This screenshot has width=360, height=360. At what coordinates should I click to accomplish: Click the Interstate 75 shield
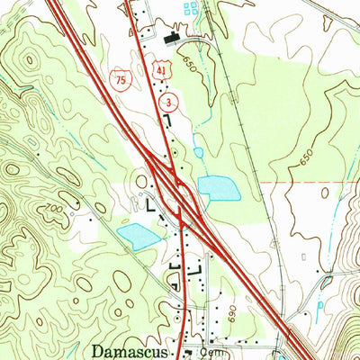pyautogui.click(x=119, y=81)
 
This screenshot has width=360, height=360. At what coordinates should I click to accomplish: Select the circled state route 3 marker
pyautogui.click(x=166, y=104)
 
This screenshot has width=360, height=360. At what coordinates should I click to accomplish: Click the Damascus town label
pyautogui.click(x=130, y=349)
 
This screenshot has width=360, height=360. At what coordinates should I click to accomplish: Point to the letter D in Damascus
pyautogui.click(x=97, y=349)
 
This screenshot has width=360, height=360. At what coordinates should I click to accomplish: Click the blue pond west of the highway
pyautogui.click(x=138, y=237)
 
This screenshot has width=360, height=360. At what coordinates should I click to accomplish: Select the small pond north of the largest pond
pyautogui.click(x=198, y=153)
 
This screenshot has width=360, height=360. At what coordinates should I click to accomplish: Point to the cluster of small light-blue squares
pyautogui.click(x=190, y=10)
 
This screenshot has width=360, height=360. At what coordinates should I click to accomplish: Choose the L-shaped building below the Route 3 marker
pyautogui.click(x=168, y=121)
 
